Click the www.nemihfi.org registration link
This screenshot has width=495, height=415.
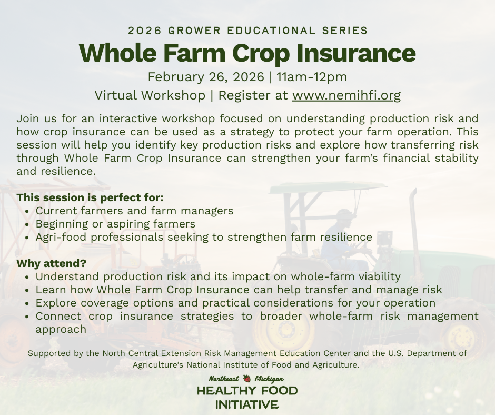point(346,95)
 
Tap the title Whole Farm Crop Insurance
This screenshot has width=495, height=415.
point(247,53)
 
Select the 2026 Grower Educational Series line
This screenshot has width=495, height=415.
point(247,31)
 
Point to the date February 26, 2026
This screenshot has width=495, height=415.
point(205,77)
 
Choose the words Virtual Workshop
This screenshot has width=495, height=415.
point(150,95)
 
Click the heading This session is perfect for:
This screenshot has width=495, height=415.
point(90,198)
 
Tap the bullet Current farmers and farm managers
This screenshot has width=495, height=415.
point(134,211)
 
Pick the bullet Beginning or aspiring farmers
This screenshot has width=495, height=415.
point(115,224)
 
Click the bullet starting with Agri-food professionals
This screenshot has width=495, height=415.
point(204,237)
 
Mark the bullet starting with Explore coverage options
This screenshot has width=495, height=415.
point(235,303)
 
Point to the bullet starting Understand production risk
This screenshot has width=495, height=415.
point(218,276)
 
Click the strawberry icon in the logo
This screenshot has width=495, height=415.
point(246,379)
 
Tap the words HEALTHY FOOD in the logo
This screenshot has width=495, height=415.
point(247,391)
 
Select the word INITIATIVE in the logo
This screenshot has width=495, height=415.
point(247,404)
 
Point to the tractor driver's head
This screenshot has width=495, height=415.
point(344,216)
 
